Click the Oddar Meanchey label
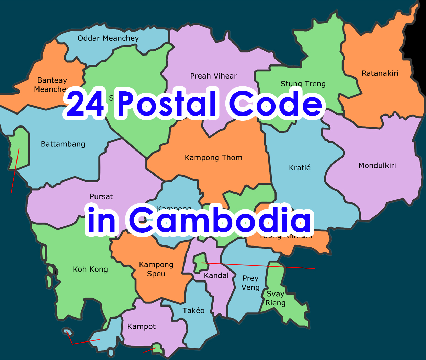(x=108, y=38)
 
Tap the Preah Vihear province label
(x=213, y=76)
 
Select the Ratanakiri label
(x=380, y=73)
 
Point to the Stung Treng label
(x=303, y=84)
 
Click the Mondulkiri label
(x=377, y=166)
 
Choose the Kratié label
(x=300, y=168)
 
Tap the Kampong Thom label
(x=213, y=158)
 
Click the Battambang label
(x=63, y=144)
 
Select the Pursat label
(x=101, y=197)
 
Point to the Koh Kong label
(x=90, y=269)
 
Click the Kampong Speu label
(x=156, y=269)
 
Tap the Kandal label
(x=216, y=276)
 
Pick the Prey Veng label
(x=250, y=283)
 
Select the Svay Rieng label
(x=276, y=298)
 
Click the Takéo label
(x=193, y=311)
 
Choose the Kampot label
(x=141, y=326)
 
